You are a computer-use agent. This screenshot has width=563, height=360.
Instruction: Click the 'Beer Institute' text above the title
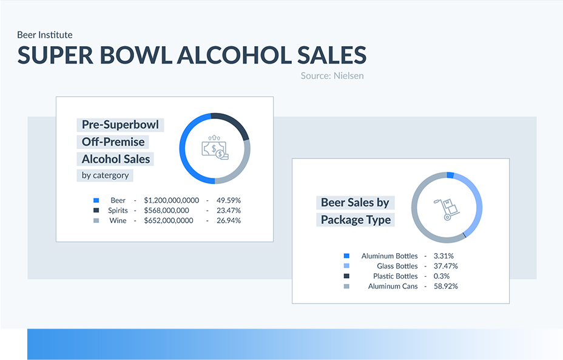pyautogui.click(x=45, y=35)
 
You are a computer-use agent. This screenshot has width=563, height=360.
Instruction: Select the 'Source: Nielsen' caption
pyautogui.click(x=332, y=76)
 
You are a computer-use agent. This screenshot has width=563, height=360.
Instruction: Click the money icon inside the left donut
pyautogui.click(x=215, y=148)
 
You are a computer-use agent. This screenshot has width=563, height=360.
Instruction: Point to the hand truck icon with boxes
pyautogui.click(x=447, y=209)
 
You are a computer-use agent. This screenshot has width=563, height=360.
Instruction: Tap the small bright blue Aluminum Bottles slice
pyautogui.click(x=450, y=175)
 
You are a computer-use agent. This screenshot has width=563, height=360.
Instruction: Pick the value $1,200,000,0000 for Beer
pyautogui.click(x=171, y=200)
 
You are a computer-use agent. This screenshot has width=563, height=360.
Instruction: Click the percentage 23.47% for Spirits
pyautogui.click(x=228, y=210)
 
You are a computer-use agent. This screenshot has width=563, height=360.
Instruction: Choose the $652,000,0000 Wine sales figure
pyautogui.click(x=169, y=220)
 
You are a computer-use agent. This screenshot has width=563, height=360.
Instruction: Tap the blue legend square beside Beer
pyautogui.click(x=96, y=200)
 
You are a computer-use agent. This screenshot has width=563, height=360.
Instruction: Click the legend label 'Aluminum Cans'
pyautogui.click(x=393, y=287)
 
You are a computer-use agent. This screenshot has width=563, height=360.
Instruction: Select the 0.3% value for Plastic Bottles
pyautogui.click(x=442, y=276)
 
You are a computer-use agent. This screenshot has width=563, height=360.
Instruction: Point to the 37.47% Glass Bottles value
pyautogui.click(x=445, y=267)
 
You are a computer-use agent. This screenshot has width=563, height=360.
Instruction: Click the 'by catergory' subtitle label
pyautogui.click(x=105, y=175)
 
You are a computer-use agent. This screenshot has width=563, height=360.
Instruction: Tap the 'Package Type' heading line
pyautogui.click(x=356, y=220)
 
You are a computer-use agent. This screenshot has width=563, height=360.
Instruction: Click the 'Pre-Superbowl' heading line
pyautogui.click(x=120, y=124)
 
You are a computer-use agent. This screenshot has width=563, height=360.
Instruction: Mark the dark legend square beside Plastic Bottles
pyautogui.click(x=346, y=276)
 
